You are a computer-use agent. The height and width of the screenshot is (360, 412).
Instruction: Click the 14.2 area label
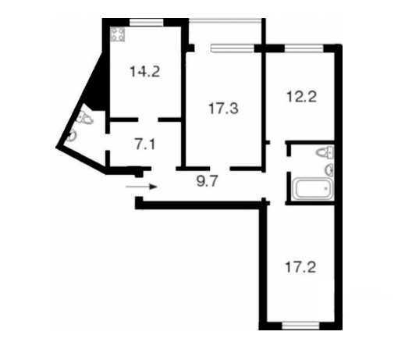pyautogui.click(x=145, y=72)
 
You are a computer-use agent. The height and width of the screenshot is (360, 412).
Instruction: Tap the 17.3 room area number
pyautogui.click(x=223, y=109)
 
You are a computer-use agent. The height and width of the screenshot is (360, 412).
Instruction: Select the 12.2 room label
pyautogui.click(x=302, y=97)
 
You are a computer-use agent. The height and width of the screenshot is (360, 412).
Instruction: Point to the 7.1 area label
pyautogui.click(x=145, y=144)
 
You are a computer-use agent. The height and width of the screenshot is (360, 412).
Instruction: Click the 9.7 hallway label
pyautogui.click(x=208, y=181)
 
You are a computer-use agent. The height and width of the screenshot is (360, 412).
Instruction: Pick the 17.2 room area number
pyautogui.click(x=300, y=267)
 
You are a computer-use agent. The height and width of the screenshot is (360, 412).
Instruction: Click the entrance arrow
pyautogui.click(x=141, y=187)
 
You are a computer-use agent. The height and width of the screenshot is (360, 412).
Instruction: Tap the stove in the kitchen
pyautogui.click(x=118, y=34)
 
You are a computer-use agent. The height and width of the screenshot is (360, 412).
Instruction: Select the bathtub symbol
pyautogui.click(x=313, y=188)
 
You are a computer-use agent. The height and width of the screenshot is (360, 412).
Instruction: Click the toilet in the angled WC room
pyautogui.click(x=86, y=118)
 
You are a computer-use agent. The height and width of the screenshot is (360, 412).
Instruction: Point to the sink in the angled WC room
pyautogui.click(x=72, y=136)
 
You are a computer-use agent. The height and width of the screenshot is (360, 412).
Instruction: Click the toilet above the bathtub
pyautogui.click(x=325, y=153)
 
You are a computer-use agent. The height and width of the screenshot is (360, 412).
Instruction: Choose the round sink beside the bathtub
pyautogui.click(x=329, y=170)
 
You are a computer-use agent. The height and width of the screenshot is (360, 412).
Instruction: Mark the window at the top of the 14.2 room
pyautogui.click(x=147, y=23)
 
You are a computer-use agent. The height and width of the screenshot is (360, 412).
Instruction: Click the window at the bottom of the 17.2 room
pyautogui.click(x=300, y=326)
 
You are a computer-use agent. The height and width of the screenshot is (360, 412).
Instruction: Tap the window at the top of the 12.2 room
pyautogui.click(x=304, y=49)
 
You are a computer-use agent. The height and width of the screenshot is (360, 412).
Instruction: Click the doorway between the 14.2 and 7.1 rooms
pyautogui.click(x=148, y=119)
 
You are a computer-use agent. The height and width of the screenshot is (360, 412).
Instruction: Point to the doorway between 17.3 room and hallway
pyautogui.click(x=220, y=169)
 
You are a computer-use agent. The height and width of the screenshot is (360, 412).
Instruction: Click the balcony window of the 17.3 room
pyautogui.click(x=233, y=48)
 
